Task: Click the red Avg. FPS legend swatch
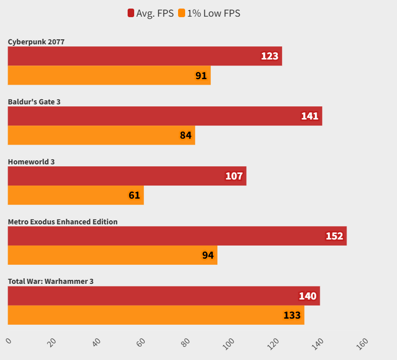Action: [131, 14]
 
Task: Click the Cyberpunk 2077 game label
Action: [36, 42]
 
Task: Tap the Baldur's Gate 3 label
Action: [34, 102]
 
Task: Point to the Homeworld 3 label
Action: [31, 162]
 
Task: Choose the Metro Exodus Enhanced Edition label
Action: [63, 222]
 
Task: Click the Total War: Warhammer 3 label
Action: [50, 281]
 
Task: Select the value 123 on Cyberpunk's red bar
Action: [270, 56]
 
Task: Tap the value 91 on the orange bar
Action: [201, 76]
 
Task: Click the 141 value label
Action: [310, 116]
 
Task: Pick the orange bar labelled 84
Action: [101, 135]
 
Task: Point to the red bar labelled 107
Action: [127, 176]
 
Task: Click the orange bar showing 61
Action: [76, 195]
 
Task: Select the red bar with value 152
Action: [177, 236]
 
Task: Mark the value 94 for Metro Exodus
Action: [208, 255]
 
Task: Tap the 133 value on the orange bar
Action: [292, 315]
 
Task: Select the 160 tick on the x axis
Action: [362, 343]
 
